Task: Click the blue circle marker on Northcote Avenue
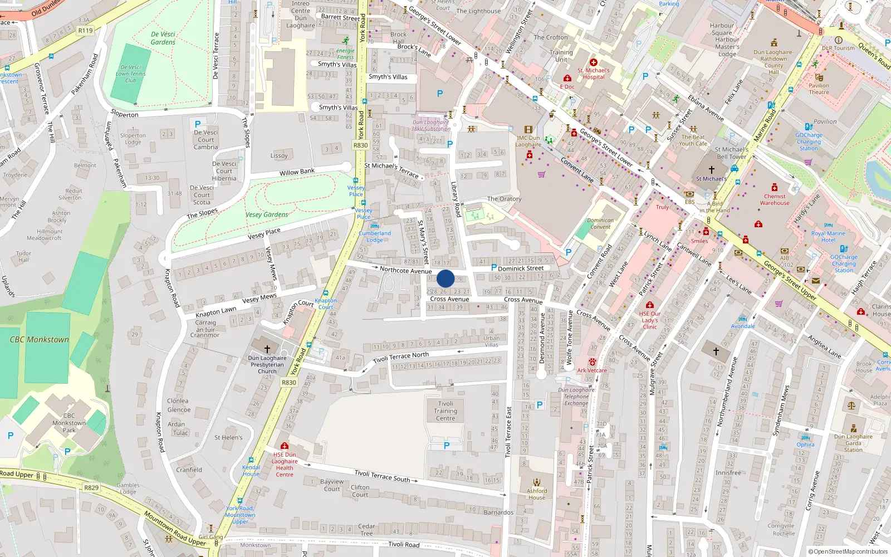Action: click(445, 278)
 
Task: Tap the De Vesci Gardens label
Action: click(163, 38)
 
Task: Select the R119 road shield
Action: click(85, 31)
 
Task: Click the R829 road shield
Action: click(91, 487)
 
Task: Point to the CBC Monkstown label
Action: click(40, 339)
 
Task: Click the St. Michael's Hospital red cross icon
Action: click(594, 62)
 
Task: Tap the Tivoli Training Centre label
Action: click(445, 411)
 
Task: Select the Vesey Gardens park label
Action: click(267, 214)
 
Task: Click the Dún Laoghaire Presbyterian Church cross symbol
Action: click(267, 349)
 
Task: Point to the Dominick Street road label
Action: click(521, 268)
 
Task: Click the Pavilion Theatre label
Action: click(819, 89)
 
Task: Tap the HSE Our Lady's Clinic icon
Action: click(649, 305)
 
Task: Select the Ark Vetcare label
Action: click(592, 370)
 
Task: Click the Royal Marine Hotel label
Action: click(828, 237)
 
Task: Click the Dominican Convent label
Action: click(600, 223)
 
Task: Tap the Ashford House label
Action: click(537, 494)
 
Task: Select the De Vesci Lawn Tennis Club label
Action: click(131, 74)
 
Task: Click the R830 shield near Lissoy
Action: click(361, 145)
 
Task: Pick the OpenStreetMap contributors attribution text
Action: click(848, 551)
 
